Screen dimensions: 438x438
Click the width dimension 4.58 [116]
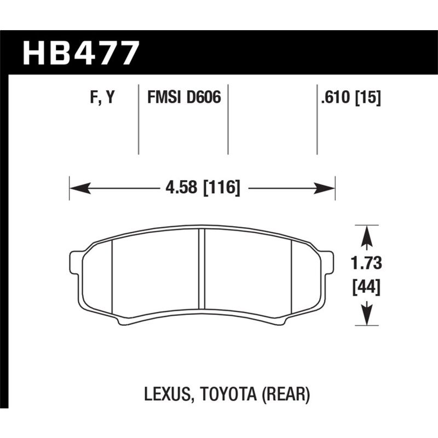pyautogui.click(x=202, y=188)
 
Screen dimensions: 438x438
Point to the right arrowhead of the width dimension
pyautogui.click(x=327, y=188)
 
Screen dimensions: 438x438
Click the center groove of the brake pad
pyautogui.click(x=201, y=268)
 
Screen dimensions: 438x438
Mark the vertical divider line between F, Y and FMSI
pyautogui.click(x=137, y=119)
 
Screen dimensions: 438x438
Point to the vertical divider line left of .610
pyautogui.click(x=318, y=119)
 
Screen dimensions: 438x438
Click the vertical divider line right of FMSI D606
pyautogui.click(x=228, y=119)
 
